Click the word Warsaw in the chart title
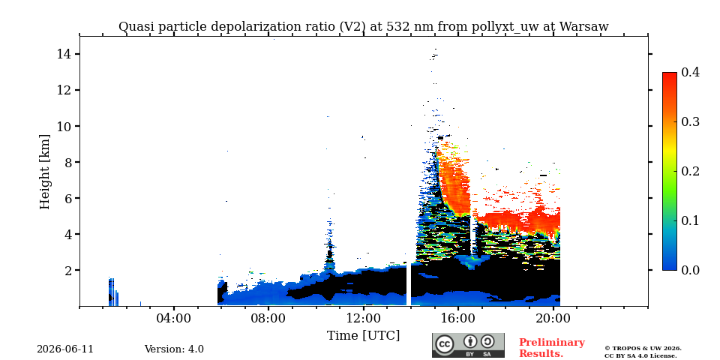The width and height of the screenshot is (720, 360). (583, 27)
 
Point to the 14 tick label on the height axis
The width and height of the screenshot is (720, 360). (63, 54)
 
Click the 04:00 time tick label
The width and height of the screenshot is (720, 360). (173, 318)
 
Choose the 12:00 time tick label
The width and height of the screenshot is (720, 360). (363, 318)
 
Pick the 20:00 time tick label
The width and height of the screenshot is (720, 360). (553, 318)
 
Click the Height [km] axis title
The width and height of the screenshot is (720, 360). (44, 172)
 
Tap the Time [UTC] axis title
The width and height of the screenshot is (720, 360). (363, 336)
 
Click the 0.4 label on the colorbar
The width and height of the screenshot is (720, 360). (690, 72)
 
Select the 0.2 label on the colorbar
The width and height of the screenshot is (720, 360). (690, 171)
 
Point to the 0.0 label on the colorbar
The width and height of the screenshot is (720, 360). (690, 270)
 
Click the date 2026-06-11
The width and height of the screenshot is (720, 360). (65, 349)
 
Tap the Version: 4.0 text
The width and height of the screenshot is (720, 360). (174, 349)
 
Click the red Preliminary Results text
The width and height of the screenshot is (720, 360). (552, 348)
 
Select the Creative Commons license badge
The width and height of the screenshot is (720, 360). (468, 345)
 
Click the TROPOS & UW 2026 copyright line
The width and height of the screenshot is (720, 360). (643, 349)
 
